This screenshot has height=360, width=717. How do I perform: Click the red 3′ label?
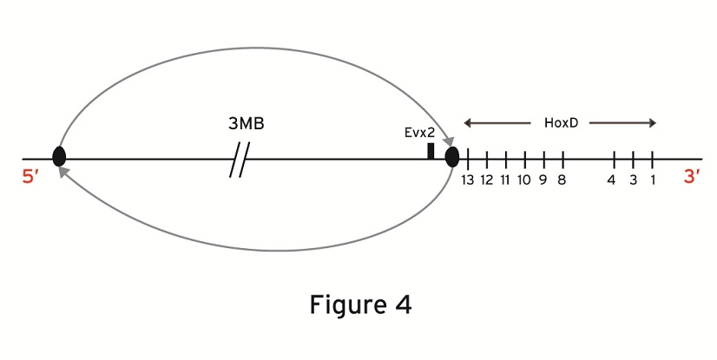tap(692, 177)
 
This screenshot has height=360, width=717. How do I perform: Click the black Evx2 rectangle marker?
tap(431, 151)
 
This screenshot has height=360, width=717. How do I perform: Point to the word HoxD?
tap(561, 123)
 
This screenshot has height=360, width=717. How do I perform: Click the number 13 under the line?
tap(468, 180)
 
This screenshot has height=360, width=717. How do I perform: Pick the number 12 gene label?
tap(487, 180)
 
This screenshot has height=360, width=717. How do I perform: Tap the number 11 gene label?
tap(505, 180)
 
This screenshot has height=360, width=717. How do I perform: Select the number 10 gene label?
tap(524, 180)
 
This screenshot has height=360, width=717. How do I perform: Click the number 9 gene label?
tap(543, 180)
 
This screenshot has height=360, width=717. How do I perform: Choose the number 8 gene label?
tap(562, 180)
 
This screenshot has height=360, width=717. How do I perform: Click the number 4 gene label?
tap(612, 180)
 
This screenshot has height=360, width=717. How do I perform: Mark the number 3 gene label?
tap(634, 180)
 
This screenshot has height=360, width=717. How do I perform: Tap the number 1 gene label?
tap(652, 180)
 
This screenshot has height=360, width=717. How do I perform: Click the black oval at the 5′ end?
tap(59, 157)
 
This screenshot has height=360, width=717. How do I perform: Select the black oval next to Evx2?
tap(452, 157)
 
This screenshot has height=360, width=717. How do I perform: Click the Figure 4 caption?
tap(359, 305)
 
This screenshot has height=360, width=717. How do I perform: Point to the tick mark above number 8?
tap(563, 160)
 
